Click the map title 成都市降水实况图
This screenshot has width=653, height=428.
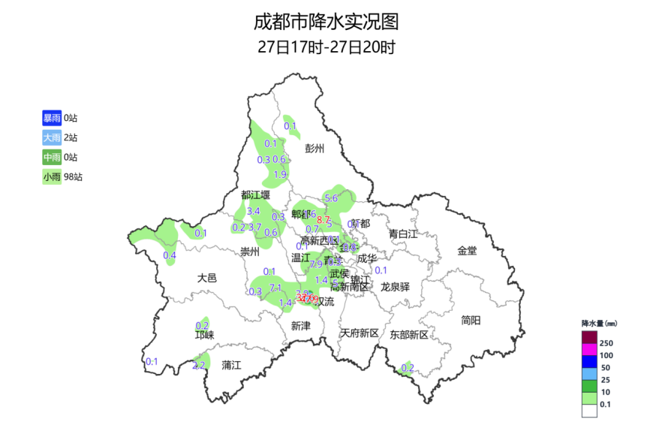coord(326,20)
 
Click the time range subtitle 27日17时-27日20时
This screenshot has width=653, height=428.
coord(326,47)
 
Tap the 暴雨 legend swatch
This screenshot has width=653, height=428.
coord(52,118)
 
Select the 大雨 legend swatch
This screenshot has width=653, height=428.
coord(52,137)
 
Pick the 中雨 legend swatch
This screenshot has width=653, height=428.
coord(52,157)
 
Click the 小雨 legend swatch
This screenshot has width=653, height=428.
coord(52,177)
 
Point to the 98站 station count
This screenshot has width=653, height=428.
coord(73,177)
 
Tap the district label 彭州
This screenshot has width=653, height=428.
coord(314,149)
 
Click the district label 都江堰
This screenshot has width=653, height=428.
coord(255,195)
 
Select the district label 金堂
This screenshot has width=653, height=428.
coord(467,250)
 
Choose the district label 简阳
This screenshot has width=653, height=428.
coord(471,320)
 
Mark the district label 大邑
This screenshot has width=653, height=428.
coord(207,278)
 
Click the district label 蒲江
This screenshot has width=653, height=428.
coord(232,365)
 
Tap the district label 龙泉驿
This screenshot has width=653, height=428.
coord(395,286)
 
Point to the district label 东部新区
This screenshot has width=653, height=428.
coord(409,334)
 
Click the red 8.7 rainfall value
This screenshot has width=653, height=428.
coord(323,220)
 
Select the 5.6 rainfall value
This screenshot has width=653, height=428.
coord(331,198)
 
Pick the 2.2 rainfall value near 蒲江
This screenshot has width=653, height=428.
coord(199,366)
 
